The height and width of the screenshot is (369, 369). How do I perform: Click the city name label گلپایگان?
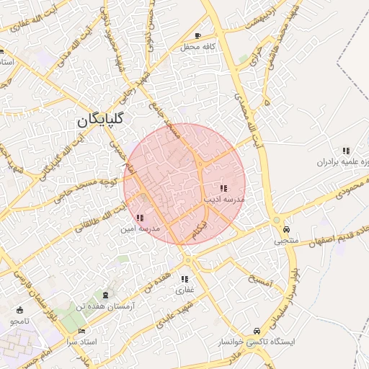[x=100, y=120]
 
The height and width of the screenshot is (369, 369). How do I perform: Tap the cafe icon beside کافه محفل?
[x=198, y=35]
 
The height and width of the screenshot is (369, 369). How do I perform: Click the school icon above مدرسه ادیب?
[x=223, y=187]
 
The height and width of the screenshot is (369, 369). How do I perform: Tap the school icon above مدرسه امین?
[x=139, y=218]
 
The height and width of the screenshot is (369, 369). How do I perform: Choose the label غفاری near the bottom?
[x=185, y=290]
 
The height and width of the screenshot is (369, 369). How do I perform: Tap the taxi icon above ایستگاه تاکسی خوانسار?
[x=256, y=330]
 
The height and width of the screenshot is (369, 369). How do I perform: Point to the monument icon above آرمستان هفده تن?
[x=107, y=295]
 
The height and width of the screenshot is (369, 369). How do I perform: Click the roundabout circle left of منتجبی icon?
[x=276, y=221]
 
